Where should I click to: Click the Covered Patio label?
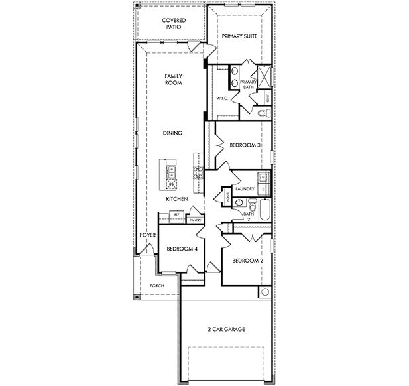click(174, 24)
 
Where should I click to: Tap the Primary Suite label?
click(239, 36)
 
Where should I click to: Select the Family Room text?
click(173, 80)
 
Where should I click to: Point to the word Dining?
click(172, 133)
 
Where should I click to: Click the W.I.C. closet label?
click(222, 99)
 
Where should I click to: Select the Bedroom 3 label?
click(244, 145)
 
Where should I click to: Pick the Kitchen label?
click(176, 199)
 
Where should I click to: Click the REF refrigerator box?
click(176, 215)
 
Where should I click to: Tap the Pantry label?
click(195, 220)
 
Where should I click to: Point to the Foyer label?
click(146, 235)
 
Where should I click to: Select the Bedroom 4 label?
click(181, 249)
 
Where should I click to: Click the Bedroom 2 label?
click(247, 261)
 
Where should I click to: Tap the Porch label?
click(157, 285)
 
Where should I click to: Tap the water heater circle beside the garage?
click(264, 292)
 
